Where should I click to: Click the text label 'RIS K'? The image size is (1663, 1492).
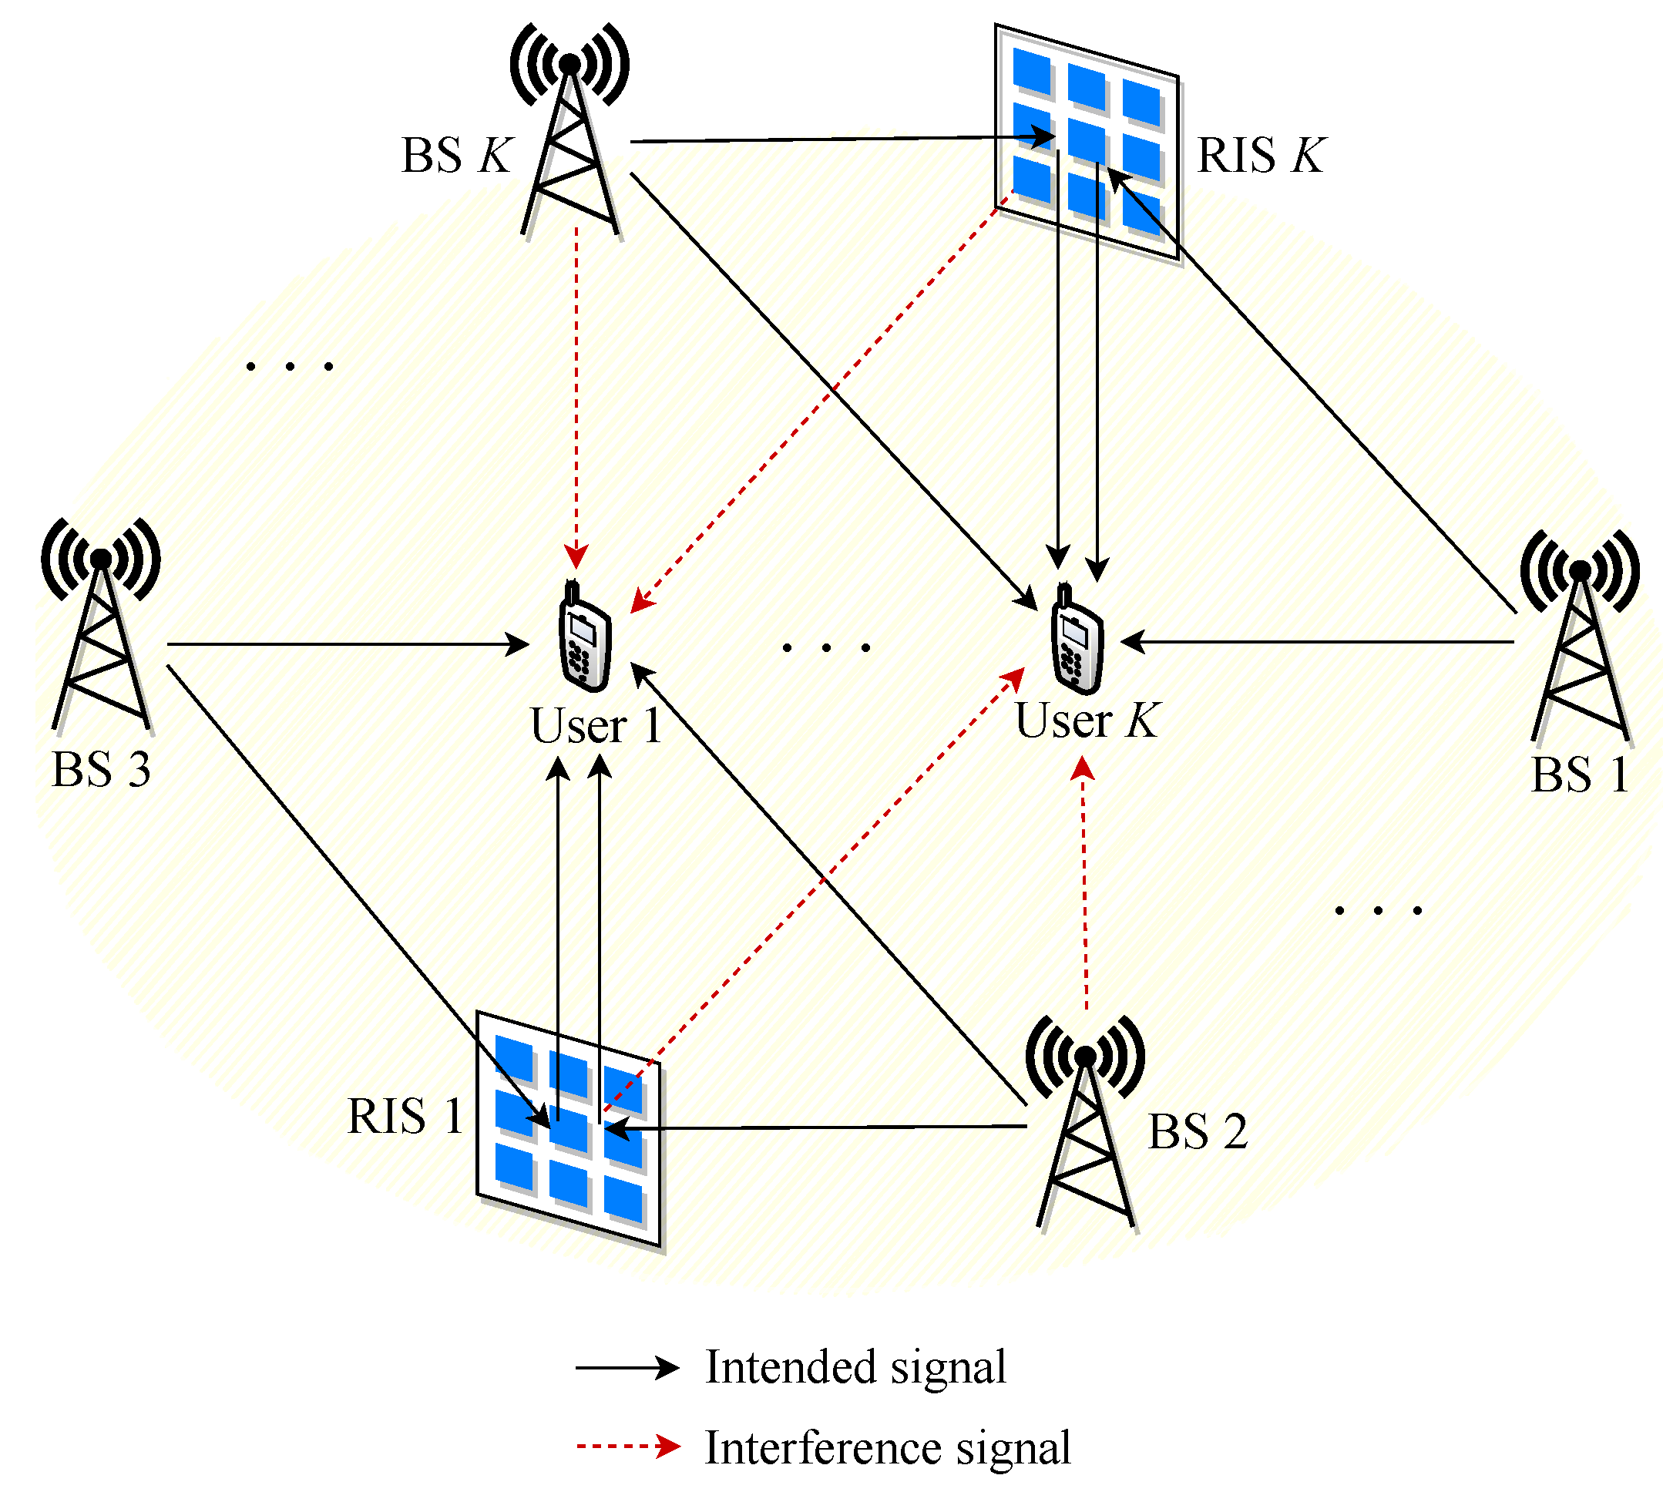click(1260, 156)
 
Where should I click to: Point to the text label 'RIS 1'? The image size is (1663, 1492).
click(405, 1117)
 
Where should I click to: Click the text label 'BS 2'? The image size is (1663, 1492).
click(1197, 1132)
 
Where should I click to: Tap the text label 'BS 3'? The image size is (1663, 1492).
click(101, 771)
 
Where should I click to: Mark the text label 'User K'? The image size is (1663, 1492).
click(1086, 721)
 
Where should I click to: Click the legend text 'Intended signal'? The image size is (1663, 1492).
click(855, 1367)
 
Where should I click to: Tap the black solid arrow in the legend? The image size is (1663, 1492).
click(627, 1367)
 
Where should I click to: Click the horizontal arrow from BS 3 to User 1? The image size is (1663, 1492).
click(344, 644)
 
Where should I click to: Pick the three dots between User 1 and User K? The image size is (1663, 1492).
click(825, 648)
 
